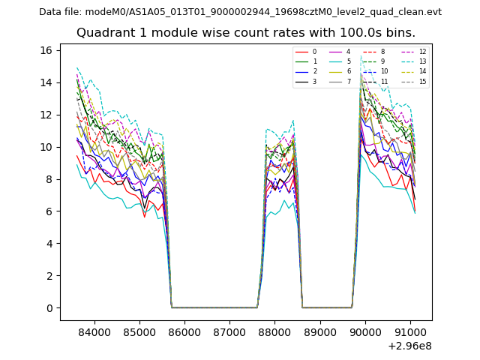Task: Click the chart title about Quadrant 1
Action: (x=246, y=33)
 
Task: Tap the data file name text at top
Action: (x=240, y=11)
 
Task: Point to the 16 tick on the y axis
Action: (x=46, y=50)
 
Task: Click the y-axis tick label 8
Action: (x=49, y=179)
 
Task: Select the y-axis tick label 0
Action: (x=49, y=308)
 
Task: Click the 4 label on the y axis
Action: (x=49, y=244)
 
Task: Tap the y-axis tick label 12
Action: (x=46, y=115)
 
